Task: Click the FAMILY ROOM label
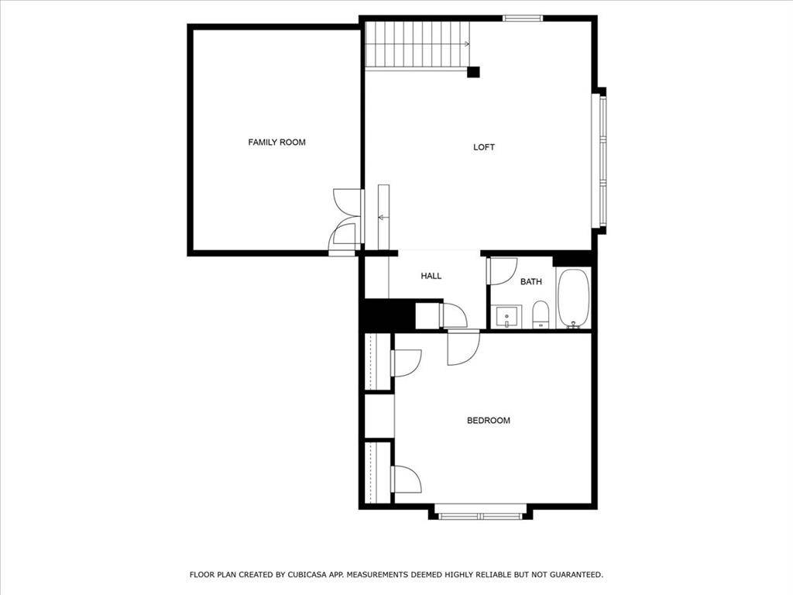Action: (x=276, y=142)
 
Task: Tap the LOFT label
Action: (x=484, y=147)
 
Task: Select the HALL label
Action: (x=431, y=276)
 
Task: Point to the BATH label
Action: (x=530, y=281)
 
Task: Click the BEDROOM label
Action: (x=488, y=421)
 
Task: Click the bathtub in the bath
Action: (x=573, y=298)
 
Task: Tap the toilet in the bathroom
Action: (x=541, y=314)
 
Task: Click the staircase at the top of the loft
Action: (x=416, y=45)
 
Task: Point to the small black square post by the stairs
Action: (x=473, y=72)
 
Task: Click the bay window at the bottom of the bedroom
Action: (x=479, y=514)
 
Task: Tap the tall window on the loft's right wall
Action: (x=600, y=161)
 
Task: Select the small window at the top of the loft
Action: (x=522, y=18)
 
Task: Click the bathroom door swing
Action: (x=502, y=270)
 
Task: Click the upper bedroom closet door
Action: (x=405, y=362)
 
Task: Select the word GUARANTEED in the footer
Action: (x=572, y=575)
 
